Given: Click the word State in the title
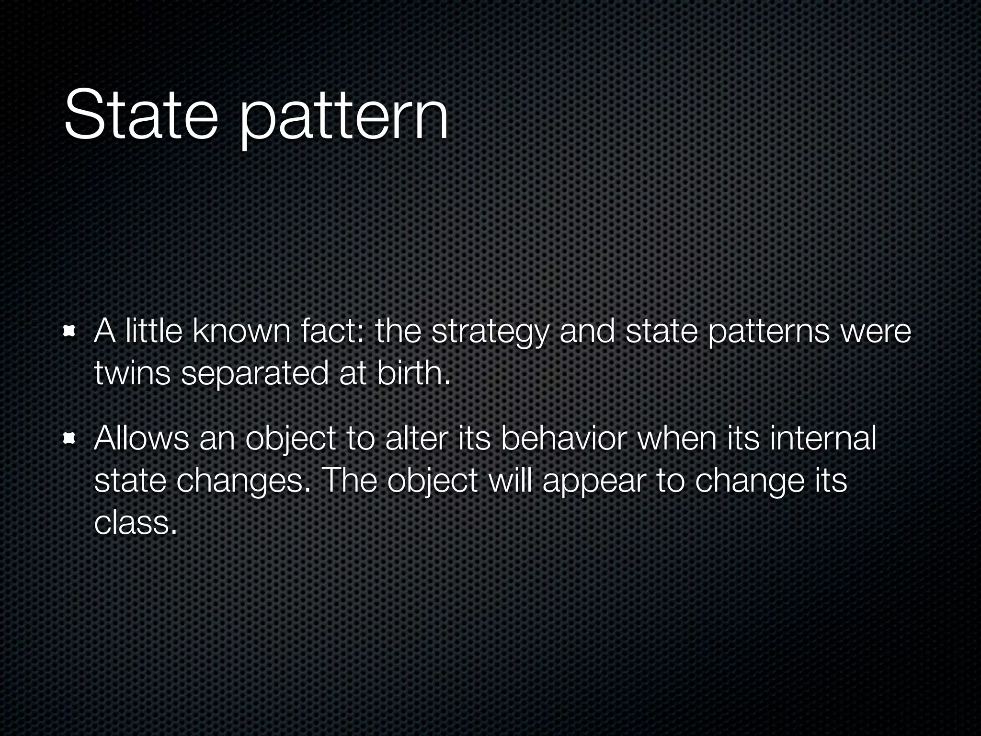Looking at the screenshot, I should [x=140, y=115].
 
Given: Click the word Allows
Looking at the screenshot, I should [x=141, y=438].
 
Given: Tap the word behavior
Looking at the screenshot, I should [x=563, y=438].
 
